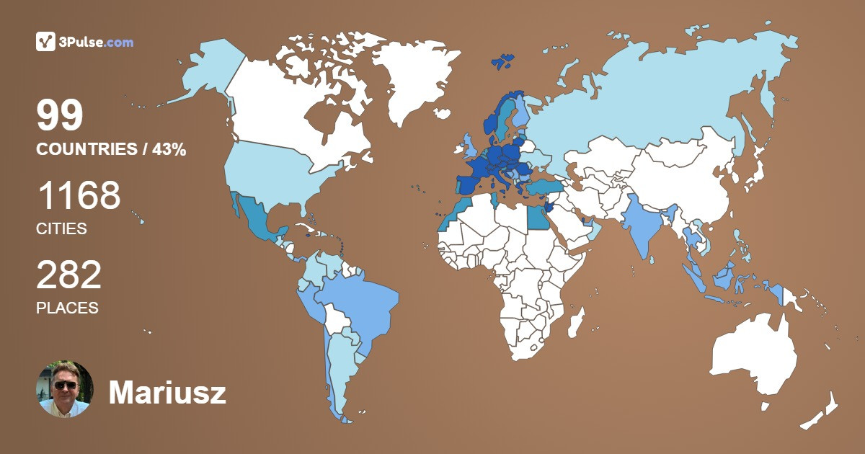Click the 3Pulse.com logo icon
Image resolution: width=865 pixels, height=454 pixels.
pyautogui.click(x=45, y=42)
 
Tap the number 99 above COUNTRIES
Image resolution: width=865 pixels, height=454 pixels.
pyautogui.click(x=61, y=116)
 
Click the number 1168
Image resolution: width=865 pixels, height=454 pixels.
pyautogui.click(x=79, y=195)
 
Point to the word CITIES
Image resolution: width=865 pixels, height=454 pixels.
pyautogui.click(x=61, y=229)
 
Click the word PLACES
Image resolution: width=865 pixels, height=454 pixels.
pyautogui.click(x=67, y=308)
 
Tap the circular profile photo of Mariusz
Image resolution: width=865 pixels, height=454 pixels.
pyautogui.click(x=65, y=389)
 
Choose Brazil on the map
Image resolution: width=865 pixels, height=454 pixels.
pyautogui.click(x=360, y=303)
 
